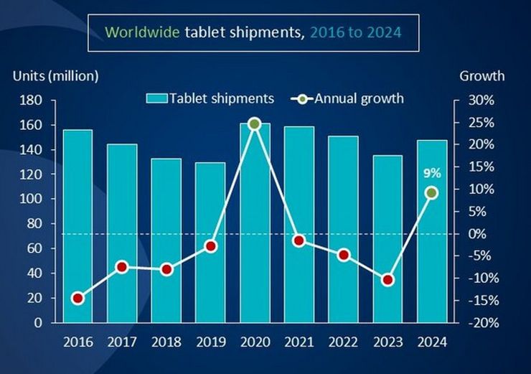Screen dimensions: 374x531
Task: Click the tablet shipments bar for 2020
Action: tap(254, 223)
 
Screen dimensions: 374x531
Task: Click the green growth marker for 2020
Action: tap(254, 123)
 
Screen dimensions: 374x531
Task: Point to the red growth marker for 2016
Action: tap(77, 299)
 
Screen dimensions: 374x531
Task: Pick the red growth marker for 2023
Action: tap(387, 280)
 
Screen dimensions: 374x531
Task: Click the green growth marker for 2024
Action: tap(431, 192)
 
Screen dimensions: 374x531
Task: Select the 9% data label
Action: tap(431, 172)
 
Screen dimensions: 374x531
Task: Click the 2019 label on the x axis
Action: tap(210, 342)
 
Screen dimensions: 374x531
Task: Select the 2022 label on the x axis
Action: tap(343, 342)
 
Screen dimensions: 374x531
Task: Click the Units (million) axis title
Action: tap(55, 75)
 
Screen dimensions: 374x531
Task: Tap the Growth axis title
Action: tap(481, 75)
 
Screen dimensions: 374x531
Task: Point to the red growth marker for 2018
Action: tap(166, 269)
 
